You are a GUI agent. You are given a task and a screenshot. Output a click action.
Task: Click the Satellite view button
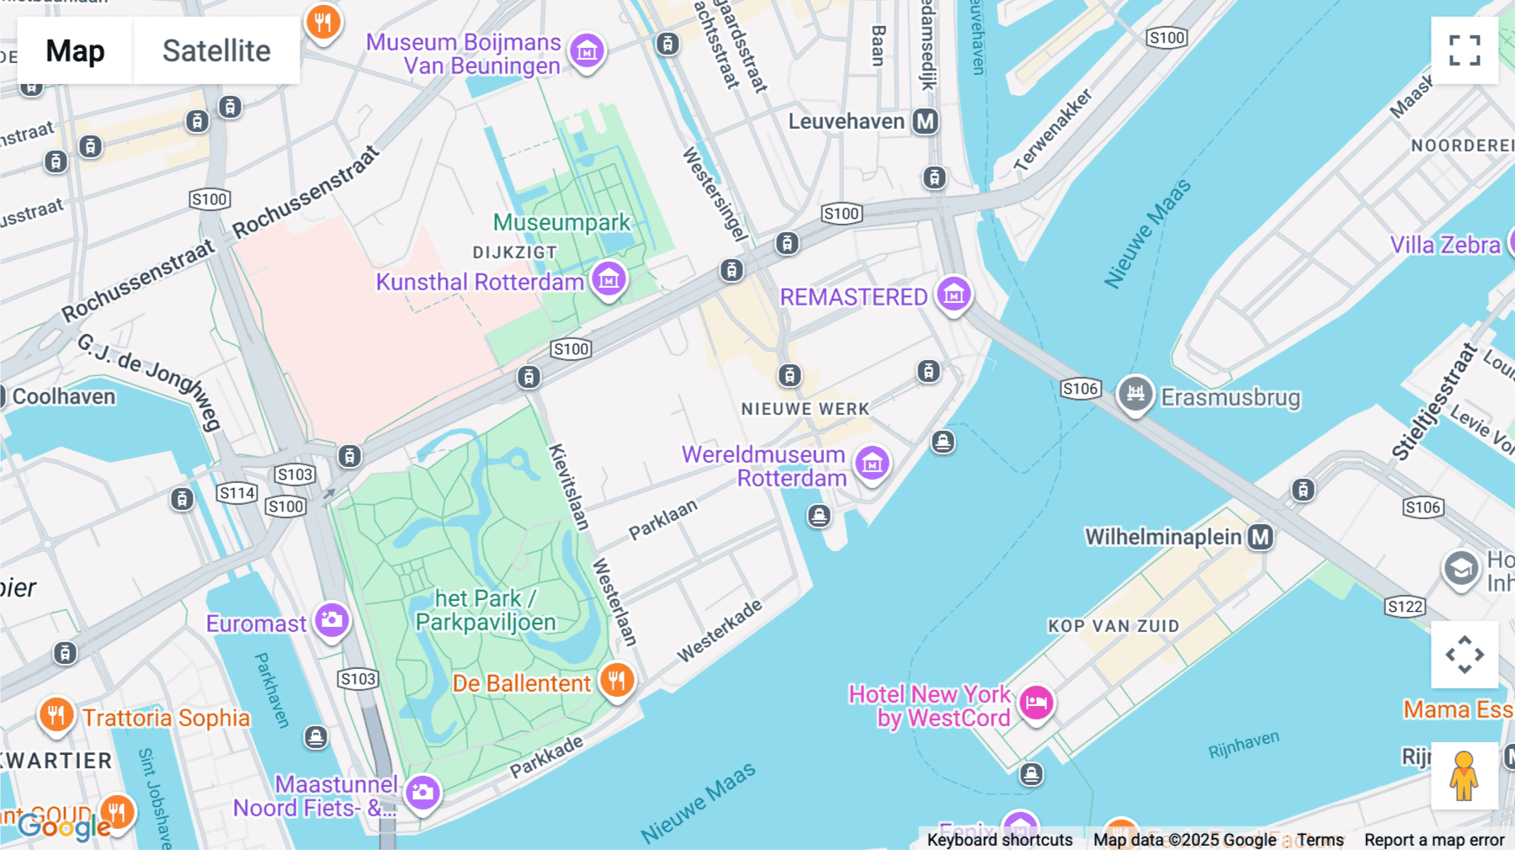pos(216,50)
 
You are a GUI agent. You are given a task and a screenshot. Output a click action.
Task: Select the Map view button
pos(75,50)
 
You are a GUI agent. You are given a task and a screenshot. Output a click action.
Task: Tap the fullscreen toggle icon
pos(1464,50)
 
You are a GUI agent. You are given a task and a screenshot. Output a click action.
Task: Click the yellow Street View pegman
pos(1464,776)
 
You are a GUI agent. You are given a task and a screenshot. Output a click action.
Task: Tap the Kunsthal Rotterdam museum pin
pos(609,279)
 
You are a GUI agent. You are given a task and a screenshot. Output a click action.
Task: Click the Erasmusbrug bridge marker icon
pos(1135,394)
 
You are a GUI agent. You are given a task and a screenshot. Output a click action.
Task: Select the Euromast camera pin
pos(332,621)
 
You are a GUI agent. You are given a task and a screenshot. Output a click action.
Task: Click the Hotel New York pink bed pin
pos(1036,703)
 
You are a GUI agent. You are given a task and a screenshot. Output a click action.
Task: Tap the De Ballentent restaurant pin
pos(617,680)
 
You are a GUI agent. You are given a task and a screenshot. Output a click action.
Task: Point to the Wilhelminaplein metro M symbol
pos(1260,537)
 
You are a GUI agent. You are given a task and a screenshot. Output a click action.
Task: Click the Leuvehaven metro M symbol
pos(926,121)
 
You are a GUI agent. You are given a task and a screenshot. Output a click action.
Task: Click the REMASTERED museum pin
pos(954,295)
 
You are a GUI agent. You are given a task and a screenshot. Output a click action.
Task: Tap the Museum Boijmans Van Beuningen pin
pos(587,50)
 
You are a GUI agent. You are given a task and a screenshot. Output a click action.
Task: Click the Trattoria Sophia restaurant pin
pos(56,715)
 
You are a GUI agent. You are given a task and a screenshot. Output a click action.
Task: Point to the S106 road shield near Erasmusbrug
pos(1080,389)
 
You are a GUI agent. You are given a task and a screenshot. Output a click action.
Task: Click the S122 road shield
pos(1405,606)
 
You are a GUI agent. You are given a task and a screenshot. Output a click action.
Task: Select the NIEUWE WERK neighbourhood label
pos(805,409)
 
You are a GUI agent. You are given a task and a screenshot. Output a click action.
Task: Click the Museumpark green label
pos(561,222)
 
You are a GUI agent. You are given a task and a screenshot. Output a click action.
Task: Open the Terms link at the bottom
pos(1320,840)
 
